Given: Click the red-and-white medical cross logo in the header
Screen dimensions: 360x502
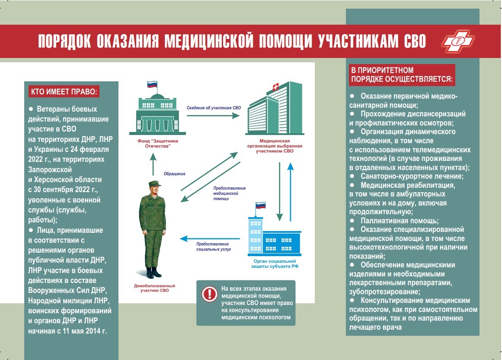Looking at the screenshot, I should click(x=457, y=42).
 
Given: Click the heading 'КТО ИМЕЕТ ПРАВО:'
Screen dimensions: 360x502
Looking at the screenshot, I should click(x=64, y=92).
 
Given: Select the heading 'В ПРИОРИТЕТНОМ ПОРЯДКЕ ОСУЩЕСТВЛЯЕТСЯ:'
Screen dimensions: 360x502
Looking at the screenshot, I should click(x=402, y=75).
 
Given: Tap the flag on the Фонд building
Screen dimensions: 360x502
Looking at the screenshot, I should click(x=152, y=85).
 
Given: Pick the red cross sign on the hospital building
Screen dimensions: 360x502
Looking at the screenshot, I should click(x=273, y=88).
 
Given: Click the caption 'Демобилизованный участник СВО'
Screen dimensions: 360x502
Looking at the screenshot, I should click(x=155, y=288).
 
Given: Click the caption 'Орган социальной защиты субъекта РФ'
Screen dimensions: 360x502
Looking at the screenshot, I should click(x=274, y=264).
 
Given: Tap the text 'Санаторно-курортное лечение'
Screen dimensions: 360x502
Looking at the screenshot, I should click(x=412, y=176).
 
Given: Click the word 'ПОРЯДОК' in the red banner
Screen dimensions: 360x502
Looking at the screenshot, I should click(x=64, y=42).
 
